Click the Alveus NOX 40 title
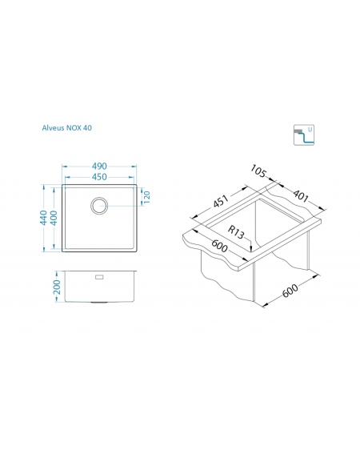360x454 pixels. [67, 127]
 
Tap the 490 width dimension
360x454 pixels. [99, 167]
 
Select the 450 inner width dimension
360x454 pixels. [99, 177]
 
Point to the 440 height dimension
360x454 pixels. [43, 218]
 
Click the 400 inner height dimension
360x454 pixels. [54, 218]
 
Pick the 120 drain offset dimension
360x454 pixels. [146, 197]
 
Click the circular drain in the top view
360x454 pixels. [99, 206]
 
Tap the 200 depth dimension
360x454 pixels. [57, 287]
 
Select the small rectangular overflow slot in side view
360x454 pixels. [99, 277]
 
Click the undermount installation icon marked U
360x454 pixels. [304, 135]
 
